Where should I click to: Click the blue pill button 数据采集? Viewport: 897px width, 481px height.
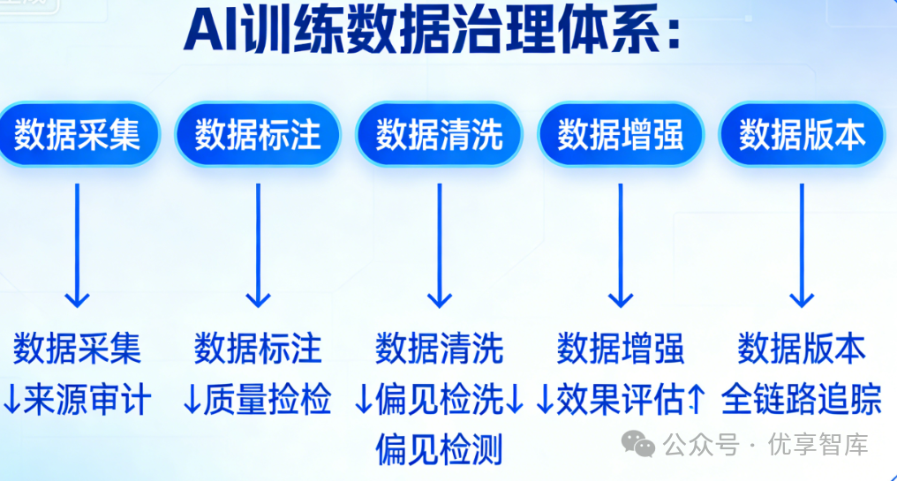(78, 135)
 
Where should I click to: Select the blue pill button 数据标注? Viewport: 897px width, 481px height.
(258, 135)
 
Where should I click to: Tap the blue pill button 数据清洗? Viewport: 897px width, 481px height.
(439, 135)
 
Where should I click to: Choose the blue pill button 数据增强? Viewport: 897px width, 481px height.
(621, 135)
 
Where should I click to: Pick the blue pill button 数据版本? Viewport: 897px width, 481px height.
(802, 135)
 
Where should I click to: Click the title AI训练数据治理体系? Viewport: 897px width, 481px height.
(433, 33)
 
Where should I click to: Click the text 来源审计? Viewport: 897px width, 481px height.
(87, 400)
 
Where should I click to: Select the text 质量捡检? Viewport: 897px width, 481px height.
(268, 400)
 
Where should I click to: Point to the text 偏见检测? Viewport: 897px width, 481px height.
(439, 449)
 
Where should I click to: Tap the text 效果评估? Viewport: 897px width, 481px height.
(621, 400)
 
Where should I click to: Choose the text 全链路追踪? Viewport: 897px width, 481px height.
(802, 400)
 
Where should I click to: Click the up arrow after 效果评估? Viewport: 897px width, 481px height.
(696, 401)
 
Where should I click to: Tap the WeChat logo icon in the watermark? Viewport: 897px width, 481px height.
(638, 444)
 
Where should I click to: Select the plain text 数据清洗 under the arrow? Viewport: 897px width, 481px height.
(439, 349)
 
